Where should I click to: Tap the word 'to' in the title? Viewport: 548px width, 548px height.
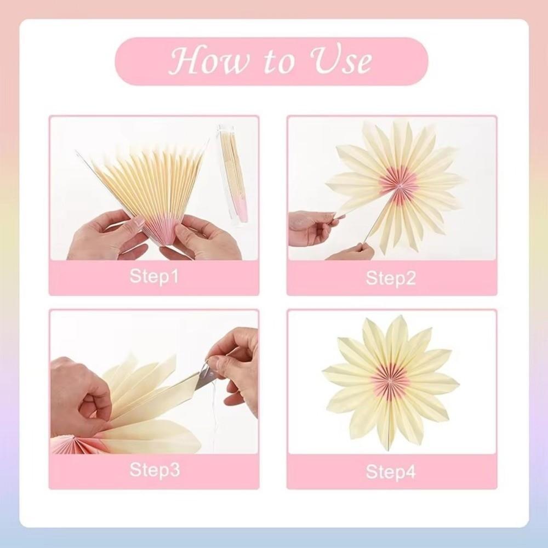tap(274, 63)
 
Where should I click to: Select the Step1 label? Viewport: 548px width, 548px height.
tap(154, 276)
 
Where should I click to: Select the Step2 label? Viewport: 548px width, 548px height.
tap(391, 277)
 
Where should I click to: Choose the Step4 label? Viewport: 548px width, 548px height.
tap(391, 471)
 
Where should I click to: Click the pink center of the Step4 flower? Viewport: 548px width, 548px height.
tap(390, 378)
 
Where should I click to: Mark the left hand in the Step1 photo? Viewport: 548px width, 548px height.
tap(104, 236)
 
